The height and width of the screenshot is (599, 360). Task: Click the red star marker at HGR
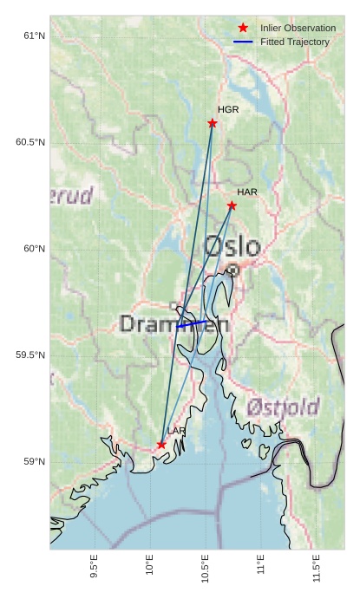tap(213, 123)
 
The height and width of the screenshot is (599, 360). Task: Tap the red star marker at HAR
tap(232, 205)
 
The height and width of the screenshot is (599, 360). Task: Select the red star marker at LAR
tap(161, 445)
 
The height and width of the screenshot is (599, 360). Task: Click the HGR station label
tap(228, 110)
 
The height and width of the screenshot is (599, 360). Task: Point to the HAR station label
tap(247, 192)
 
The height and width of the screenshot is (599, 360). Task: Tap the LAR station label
tap(177, 431)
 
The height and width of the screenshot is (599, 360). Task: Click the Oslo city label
tap(232, 246)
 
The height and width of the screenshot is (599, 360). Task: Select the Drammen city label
tap(173, 324)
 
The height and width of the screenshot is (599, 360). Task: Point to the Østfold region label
tap(283, 407)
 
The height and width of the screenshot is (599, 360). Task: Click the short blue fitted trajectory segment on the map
tap(192, 324)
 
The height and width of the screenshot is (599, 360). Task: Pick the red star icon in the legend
tap(243, 28)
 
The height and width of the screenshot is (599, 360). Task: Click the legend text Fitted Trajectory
tap(295, 42)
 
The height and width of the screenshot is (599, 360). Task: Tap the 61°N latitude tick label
tap(33, 36)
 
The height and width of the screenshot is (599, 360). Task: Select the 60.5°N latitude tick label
tap(29, 142)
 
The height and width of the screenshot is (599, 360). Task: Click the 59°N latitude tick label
tap(33, 462)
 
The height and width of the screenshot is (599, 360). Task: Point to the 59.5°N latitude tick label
tap(29, 355)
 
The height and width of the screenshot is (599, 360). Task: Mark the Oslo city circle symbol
tap(232, 270)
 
